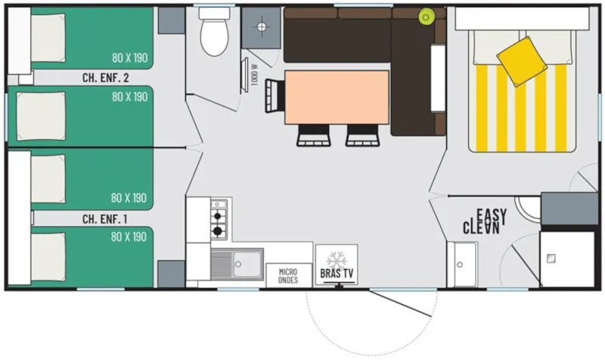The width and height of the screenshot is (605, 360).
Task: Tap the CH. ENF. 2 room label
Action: pos(104,77)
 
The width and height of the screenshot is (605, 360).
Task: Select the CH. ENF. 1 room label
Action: pos(104,219)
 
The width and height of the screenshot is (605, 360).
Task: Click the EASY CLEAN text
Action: pos(485,221)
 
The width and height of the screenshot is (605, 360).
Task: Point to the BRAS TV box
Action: pos(336,265)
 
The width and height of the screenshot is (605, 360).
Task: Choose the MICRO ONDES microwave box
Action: pos(288,275)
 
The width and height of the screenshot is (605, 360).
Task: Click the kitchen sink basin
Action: pos(247,264)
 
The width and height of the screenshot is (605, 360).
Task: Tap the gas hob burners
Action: pos(219,219)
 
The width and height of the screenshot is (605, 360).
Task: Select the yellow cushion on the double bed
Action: pos(521,60)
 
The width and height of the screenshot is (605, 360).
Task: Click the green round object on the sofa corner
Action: pos(426,15)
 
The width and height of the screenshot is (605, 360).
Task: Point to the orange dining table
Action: pos(337,97)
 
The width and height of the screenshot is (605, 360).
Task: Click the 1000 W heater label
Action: pos(256,73)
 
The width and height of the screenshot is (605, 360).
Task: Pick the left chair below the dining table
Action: pos(313,135)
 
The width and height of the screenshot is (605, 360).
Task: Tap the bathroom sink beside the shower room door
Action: pos(461,265)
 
